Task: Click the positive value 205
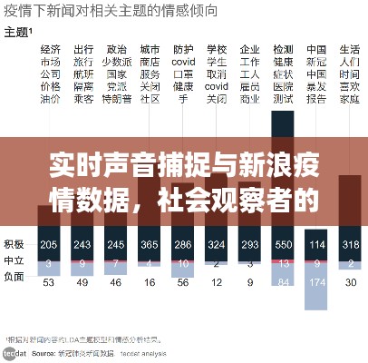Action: click(50, 245)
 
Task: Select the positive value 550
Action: click(284, 245)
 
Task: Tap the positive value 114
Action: click(317, 245)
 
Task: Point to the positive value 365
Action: click(150, 245)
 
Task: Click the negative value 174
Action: click(317, 282)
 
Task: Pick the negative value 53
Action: click(50, 282)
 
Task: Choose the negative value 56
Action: click(183, 282)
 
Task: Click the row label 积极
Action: click(14, 245)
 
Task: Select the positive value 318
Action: click(350, 245)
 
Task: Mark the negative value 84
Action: click(284, 282)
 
